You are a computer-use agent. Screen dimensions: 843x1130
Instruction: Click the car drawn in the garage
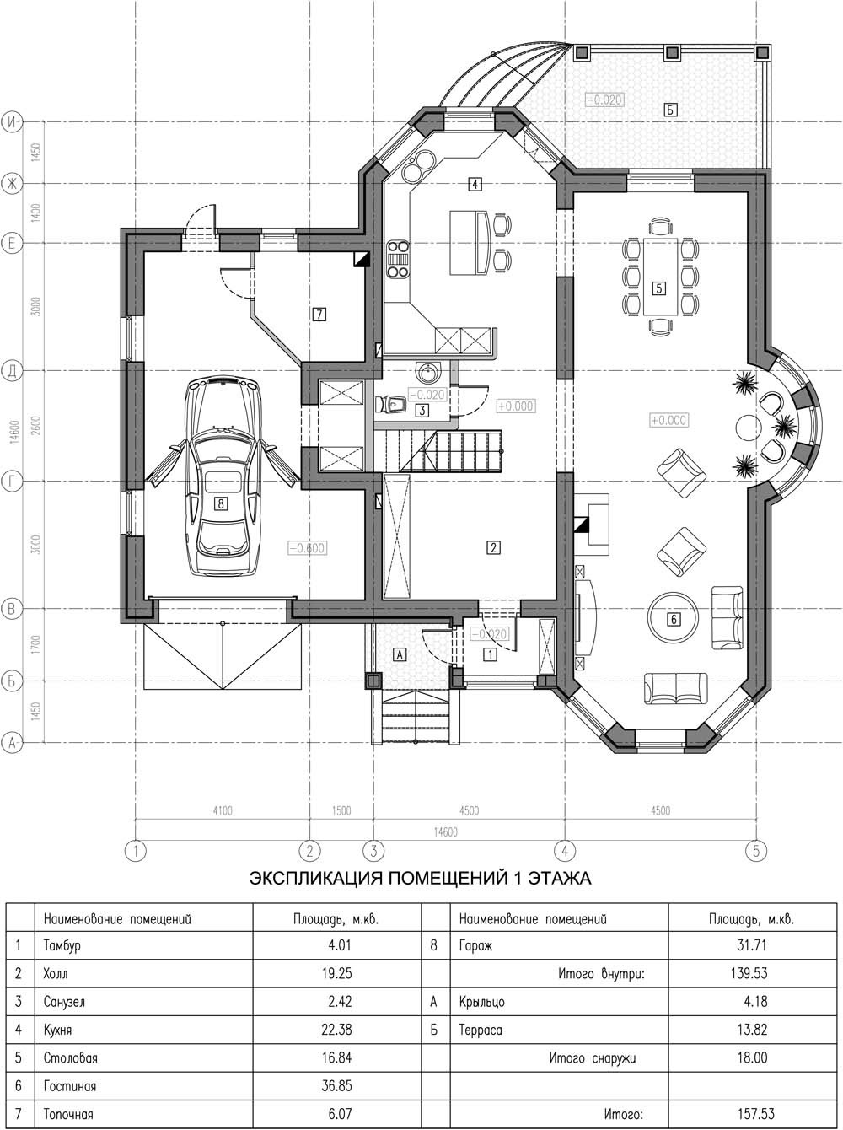(223, 476)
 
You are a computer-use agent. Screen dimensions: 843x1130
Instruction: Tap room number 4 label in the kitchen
(475, 183)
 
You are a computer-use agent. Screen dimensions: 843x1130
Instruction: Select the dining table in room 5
(659, 276)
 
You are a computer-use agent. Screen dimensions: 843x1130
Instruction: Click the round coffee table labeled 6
(674, 619)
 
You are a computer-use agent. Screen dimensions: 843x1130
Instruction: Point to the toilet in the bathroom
(392, 404)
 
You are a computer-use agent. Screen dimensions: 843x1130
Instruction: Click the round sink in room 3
(426, 372)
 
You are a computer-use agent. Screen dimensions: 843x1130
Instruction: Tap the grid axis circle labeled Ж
(13, 183)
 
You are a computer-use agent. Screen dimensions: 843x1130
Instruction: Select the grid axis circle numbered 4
(565, 851)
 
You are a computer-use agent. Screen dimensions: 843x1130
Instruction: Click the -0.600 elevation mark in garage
(307, 547)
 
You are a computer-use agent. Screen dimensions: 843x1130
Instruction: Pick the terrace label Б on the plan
(670, 110)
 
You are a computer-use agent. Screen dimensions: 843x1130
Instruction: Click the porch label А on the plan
(400, 654)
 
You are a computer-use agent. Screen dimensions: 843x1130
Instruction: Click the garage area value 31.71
(751, 945)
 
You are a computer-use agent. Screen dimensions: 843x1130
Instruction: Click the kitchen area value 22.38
(336, 1029)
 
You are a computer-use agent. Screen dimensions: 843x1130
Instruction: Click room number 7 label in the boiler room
(319, 314)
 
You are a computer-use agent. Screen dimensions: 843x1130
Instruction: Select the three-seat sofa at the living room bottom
(676, 688)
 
